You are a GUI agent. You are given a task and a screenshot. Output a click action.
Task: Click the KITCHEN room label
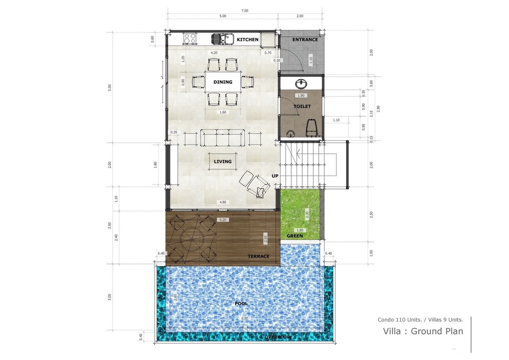247,39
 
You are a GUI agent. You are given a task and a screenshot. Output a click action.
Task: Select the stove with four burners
190,39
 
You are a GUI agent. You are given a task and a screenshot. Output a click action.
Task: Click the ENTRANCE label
305,39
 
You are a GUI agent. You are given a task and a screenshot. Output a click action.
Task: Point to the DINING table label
223,82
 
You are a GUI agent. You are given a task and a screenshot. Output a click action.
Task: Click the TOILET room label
302,106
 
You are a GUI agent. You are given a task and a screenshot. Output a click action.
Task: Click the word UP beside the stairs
275,176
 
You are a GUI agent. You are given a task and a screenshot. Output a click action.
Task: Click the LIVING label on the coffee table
223,162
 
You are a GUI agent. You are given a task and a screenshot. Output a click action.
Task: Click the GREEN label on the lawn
295,236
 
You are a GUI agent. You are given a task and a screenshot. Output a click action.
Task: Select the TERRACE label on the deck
259,256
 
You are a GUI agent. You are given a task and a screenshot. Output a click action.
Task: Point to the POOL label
241,303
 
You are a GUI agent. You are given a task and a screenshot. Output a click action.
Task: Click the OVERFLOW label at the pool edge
278,337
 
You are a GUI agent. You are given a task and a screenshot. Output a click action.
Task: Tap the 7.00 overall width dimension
245,11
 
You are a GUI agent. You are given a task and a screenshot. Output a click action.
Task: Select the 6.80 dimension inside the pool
245,319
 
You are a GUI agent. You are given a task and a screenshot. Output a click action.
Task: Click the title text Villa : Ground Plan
423,331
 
